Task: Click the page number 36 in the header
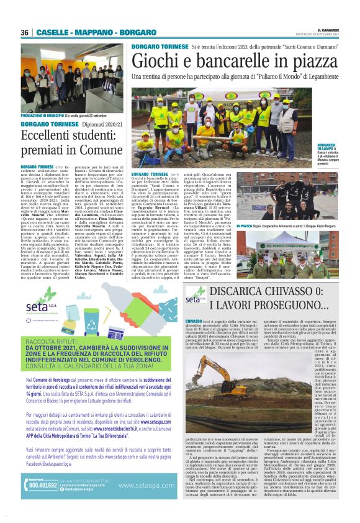pos(25,32)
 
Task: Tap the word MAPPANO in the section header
pos(93,32)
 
